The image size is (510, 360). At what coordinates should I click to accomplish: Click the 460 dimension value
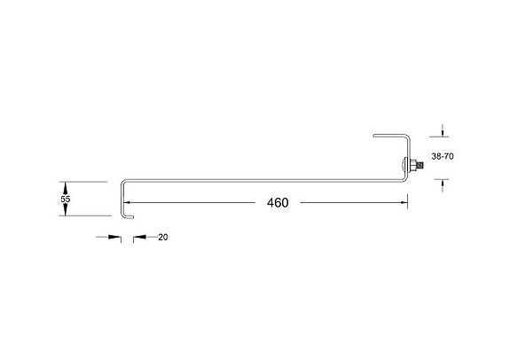[x=277, y=203]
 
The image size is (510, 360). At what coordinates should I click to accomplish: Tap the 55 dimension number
[x=66, y=200]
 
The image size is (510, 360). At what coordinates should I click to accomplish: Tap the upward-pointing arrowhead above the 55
[x=66, y=186]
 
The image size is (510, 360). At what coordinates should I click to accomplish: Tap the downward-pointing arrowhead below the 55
[x=66, y=213]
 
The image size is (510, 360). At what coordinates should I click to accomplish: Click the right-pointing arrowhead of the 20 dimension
[x=115, y=238]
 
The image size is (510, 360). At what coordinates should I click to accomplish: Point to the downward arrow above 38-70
[x=443, y=133]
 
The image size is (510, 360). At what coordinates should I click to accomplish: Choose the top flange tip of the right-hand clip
[x=375, y=136]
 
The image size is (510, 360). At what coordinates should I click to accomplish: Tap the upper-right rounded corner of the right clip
[x=408, y=137]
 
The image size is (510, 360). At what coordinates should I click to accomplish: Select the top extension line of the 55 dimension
[x=84, y=182]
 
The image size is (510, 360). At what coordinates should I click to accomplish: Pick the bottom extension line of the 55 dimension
[x=84, y=217]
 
